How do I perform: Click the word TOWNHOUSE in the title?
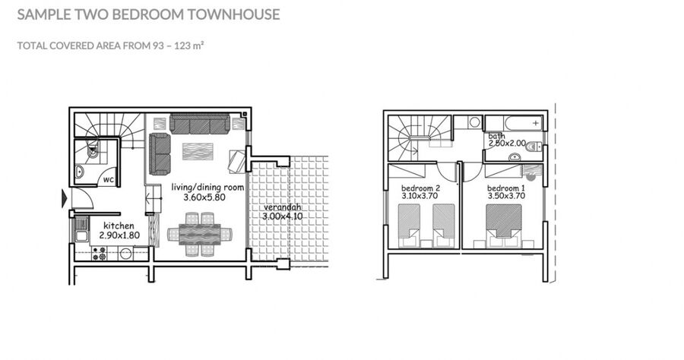point(233,14)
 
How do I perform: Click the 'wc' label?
point(109,179)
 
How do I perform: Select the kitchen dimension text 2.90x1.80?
point(119,235)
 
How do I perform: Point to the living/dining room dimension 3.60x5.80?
point(204,197)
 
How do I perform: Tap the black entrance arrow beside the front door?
point(65,198)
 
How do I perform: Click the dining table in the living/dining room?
point(199,234)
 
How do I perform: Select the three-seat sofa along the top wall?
point(200,124)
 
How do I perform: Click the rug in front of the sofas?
point(198,151)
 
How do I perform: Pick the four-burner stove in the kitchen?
point(99,254)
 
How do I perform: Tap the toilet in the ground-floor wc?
point(93,151)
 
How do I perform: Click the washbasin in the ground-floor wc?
point(79,172)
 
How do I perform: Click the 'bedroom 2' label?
point(420,188)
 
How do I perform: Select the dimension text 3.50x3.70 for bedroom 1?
point(506,196)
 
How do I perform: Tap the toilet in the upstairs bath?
point(534,147)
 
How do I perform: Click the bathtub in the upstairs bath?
point(514,123)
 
